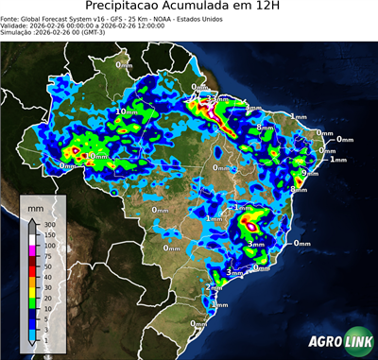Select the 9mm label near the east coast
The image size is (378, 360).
(x=309, y=173)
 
